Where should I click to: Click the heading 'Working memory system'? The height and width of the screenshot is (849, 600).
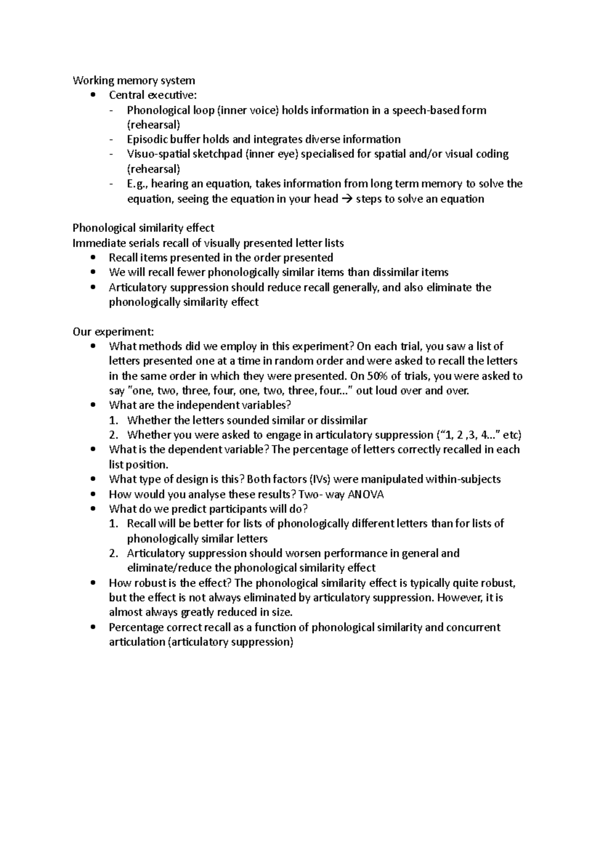(x=133, y=80)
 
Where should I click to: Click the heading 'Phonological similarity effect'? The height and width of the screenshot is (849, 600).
(x=143, y=228)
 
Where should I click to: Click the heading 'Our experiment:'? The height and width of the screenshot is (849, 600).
(x=113, y=331)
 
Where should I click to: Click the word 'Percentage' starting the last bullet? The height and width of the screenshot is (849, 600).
(x=136, y=627)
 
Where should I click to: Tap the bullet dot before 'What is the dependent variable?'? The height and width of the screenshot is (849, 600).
(x=94, y=450)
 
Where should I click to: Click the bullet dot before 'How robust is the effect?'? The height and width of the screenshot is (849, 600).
(x=94, y=583)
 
